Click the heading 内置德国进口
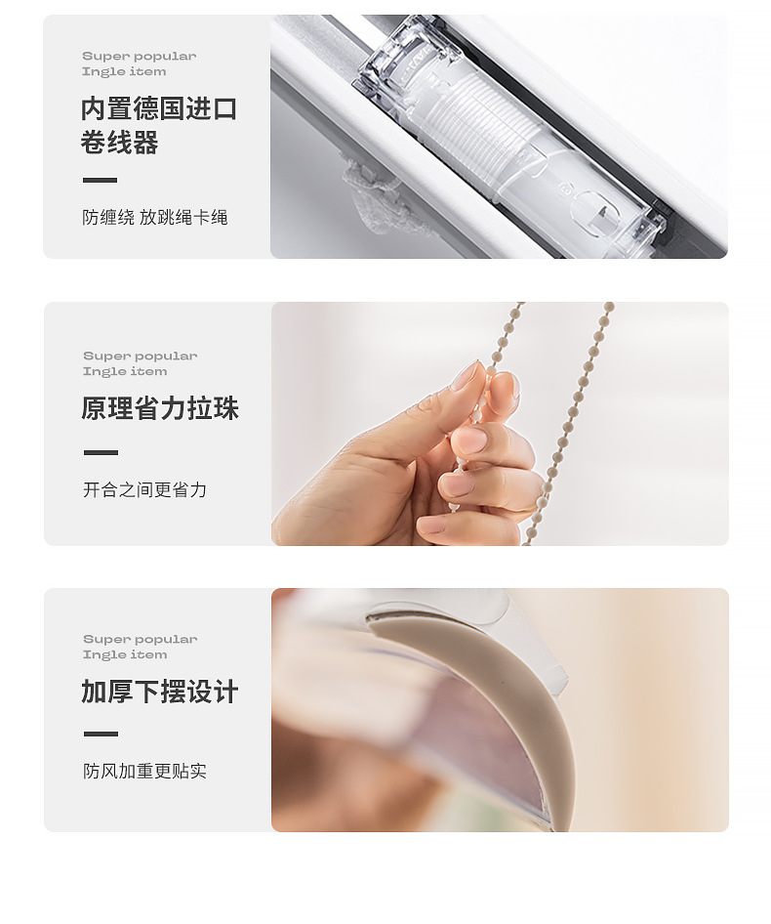[159, 108]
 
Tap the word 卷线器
[119, 144]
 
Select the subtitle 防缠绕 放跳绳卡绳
[154, 217]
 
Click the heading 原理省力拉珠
[159, 408]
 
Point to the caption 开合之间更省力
[144, 489]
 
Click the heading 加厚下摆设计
[159, 693]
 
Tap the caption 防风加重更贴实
[144, 771]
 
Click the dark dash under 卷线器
[100, 181]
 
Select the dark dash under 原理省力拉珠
[101, 452]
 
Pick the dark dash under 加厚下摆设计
[101, 734]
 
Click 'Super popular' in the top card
[139, 57]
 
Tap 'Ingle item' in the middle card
[125, 371]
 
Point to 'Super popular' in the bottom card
[140, 640]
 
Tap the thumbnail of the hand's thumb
[466, 376]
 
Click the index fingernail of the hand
[504, 385]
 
